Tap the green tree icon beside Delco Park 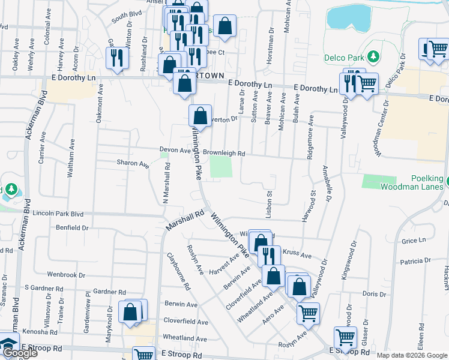coord(373,56)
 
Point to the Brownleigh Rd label coord(224,153)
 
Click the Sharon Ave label coord(133,163)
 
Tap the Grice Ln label coord(414,241)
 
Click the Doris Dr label coord(375,294)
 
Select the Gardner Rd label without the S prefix coord(109,292)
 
